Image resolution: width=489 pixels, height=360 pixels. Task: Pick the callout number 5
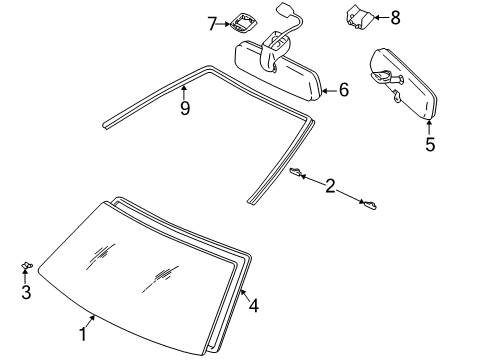430,144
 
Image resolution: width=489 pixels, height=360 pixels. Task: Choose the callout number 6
343,90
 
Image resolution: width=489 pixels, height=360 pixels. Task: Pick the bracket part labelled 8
361,17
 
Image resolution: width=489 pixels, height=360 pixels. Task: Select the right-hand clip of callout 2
369,205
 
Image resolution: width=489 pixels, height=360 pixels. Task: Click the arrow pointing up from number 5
430,127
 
